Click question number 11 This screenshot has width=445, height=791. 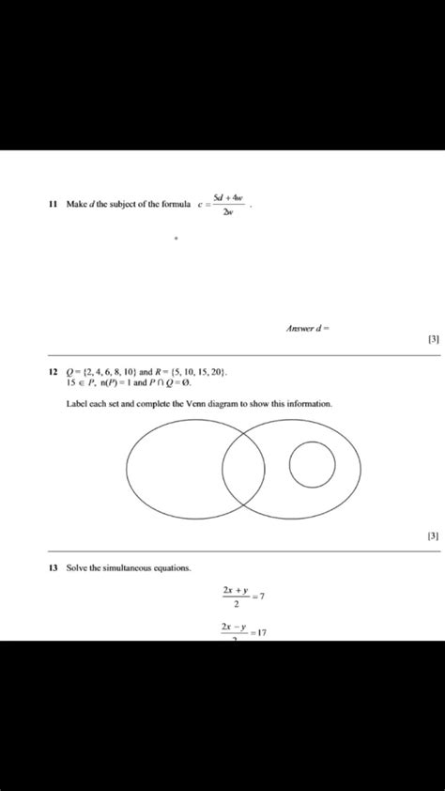[53, 205]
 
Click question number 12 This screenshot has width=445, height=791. [53, 372]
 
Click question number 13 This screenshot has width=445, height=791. [53, 568]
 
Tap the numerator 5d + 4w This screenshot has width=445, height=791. [228, 197]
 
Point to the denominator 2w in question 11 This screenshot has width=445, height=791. [229, 211]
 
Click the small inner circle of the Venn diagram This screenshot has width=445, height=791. [313, 463]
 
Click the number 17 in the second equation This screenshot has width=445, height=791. [262, 632]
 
